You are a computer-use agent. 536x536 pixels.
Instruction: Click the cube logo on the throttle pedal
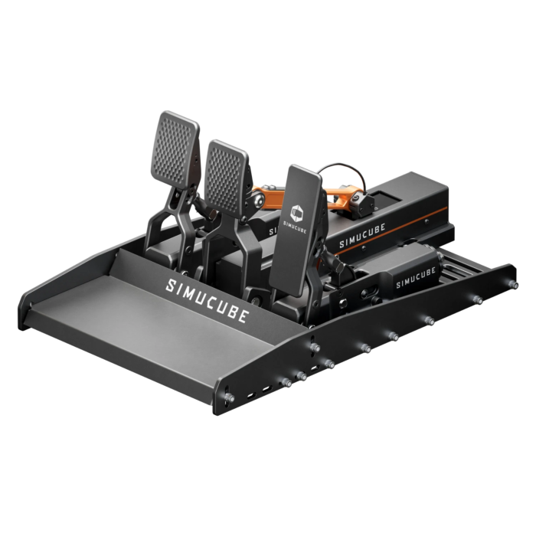coord(299,207)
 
